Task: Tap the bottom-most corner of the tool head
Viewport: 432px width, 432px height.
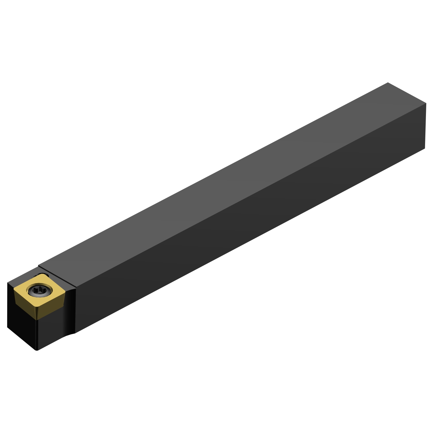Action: click(37, 350)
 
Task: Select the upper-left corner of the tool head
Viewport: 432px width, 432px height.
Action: click(7, 283)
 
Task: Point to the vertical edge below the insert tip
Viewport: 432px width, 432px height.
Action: click(37, 334)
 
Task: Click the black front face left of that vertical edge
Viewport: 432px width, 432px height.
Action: click(22, 325)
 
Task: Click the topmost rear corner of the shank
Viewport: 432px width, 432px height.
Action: click(388, 83)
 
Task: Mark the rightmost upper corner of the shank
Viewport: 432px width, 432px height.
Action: click(426, 103)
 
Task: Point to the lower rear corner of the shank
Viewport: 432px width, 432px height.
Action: click(425, 148)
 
